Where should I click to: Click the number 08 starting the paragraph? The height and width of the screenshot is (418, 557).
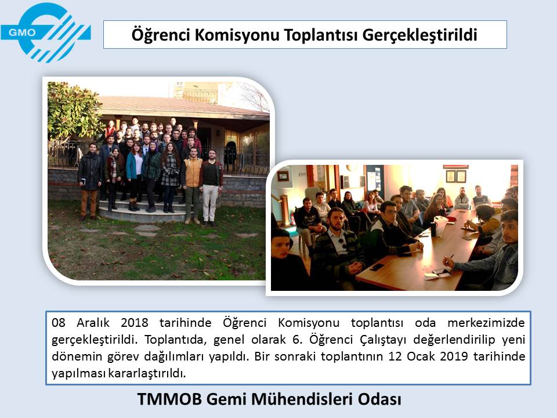[x=59, y=323]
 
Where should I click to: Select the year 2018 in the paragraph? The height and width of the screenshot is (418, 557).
[x=134, y=323]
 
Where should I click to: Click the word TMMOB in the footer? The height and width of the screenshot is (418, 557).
[x=169, y=399]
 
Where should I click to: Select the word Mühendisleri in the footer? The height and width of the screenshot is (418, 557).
[x=302, y=399]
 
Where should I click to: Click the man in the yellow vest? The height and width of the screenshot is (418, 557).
[x=192, y=185]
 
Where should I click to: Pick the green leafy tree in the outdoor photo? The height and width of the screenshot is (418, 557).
[x=73, y=111]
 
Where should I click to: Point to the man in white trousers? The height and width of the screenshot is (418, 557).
[x=211, y=188]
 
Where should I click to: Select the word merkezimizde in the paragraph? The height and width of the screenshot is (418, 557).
[x=486, y=323]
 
